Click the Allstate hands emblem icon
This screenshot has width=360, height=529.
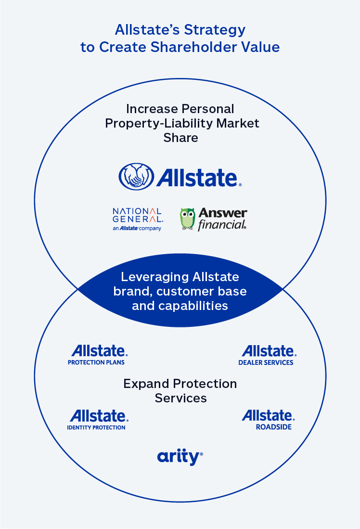[x=136, y=176]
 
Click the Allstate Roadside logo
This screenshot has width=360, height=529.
[x=268, y=419]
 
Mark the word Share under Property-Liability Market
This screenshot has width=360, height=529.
[x=180, y=138]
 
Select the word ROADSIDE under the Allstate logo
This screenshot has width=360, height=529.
[x=273, y=426]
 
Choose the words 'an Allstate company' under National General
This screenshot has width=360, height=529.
[x=137, y=228]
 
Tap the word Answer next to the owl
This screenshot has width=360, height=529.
[x=223, y=213]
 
